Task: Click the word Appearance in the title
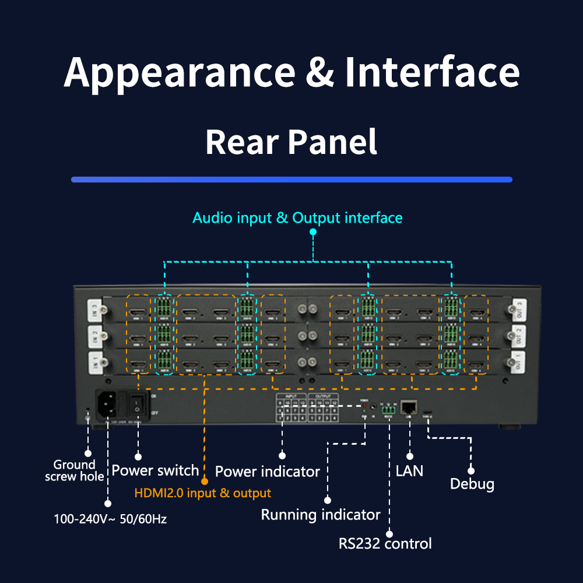pyautogui.click(x=180, y=72)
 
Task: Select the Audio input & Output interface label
pyautogui.click(x=297, y=218)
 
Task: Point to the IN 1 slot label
pyautogui.click(x=94, y=361)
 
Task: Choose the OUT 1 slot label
pyautogui.click(x=518, y=361)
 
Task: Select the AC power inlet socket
pyautogui.click(x=109, y=403)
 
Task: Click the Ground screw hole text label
pyautogui.click(x=74, y=470)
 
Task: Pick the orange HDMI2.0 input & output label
pyautogui.click(x=202, y=493)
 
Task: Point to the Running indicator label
pyautogui.click(x=320, y=515)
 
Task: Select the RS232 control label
pyautogui.click(x=385, y=544)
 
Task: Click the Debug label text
pyautogui.click(x=472, y=484)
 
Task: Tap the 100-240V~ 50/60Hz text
pyautogui.click(x=110, y=519)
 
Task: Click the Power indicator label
pyautogui.click(x=267, y=471)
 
